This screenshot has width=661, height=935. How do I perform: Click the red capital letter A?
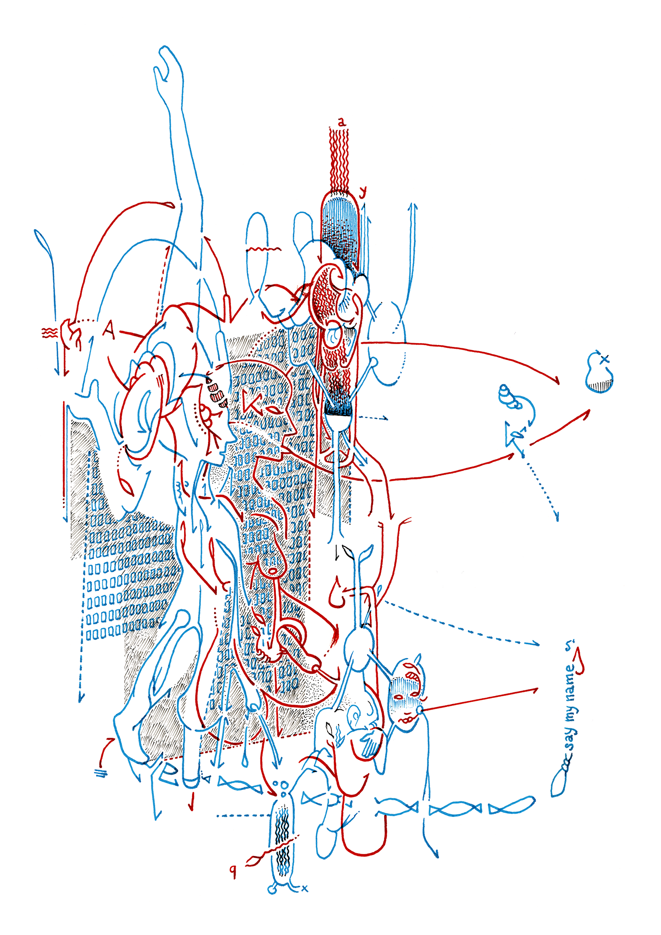[109, 330]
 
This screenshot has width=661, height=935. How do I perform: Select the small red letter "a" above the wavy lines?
[342, 122]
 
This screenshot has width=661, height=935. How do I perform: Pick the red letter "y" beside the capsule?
[362, 192]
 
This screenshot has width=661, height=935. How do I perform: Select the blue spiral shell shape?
[508, 397]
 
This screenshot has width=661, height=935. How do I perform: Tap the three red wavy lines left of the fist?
[50, 333]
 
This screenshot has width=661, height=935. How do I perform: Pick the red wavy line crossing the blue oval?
[262, 250]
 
